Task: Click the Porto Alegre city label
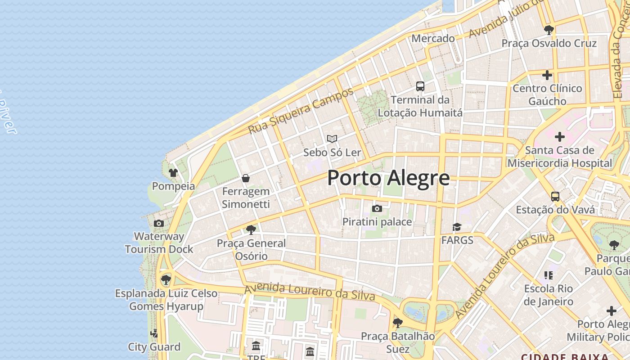point(388,178)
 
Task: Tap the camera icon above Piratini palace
point(377,208)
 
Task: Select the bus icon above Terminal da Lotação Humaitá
point(420,86)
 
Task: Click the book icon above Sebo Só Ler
point(332,139)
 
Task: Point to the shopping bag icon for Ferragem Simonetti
point(246,178)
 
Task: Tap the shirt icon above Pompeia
point(173,173)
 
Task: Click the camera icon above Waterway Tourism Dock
point(158,223)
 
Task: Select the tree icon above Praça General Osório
point(251,230)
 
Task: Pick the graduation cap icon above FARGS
point(457,227)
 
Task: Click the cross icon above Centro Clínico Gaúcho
point(547,75)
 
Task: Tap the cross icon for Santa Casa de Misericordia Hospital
point(560,136)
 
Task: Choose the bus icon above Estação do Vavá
point(555,197)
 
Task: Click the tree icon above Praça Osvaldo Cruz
point(549,30)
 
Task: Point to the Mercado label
point(433,39)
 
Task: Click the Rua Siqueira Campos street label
point(301,110)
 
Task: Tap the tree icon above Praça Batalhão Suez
point(397,323)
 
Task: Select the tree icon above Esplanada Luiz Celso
point(166,279)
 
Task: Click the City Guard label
point(154,347)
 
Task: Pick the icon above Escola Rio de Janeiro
point(548,275)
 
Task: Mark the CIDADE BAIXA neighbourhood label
point(565,357)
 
